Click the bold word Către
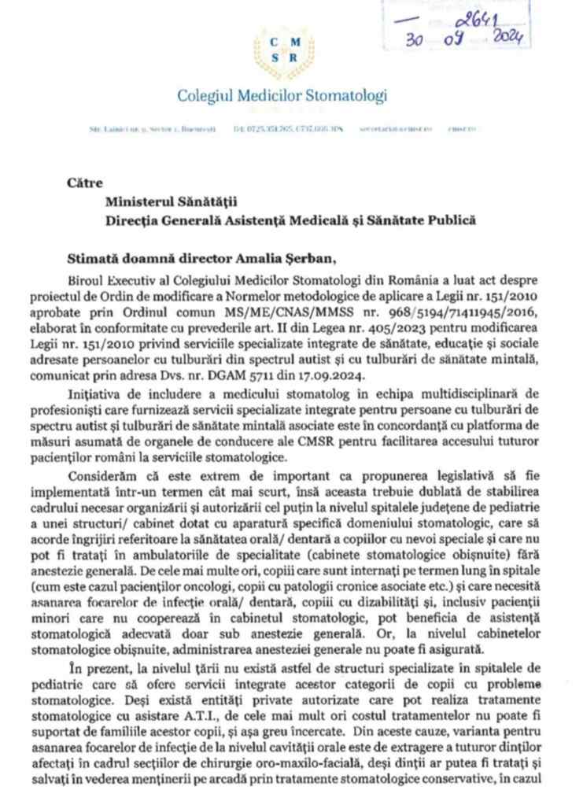[85, 183]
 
